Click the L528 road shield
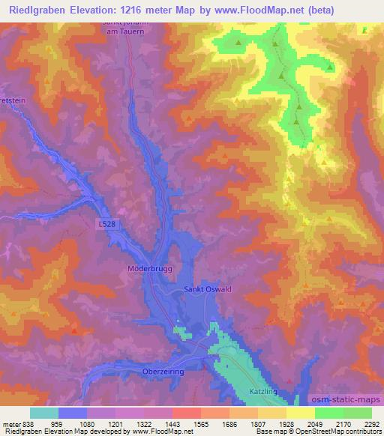[x=106, y=223]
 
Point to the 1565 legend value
[x=200, y=423]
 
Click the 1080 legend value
[x=86, y=423]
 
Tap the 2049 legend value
[x=315, y=423]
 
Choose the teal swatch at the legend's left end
[x=44, y=413]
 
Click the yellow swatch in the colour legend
[x=301, y=413]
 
